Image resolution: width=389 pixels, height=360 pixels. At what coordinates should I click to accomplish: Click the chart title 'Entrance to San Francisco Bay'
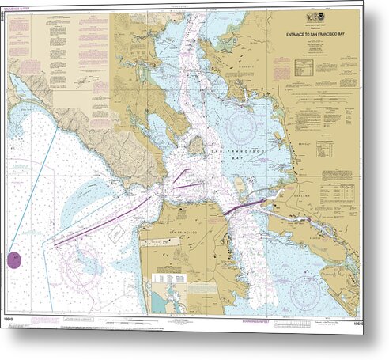pos(315,34)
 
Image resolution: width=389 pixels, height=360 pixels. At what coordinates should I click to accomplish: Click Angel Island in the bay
pos(195,145)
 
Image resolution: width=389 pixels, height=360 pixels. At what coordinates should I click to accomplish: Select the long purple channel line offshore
pos(103,222)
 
